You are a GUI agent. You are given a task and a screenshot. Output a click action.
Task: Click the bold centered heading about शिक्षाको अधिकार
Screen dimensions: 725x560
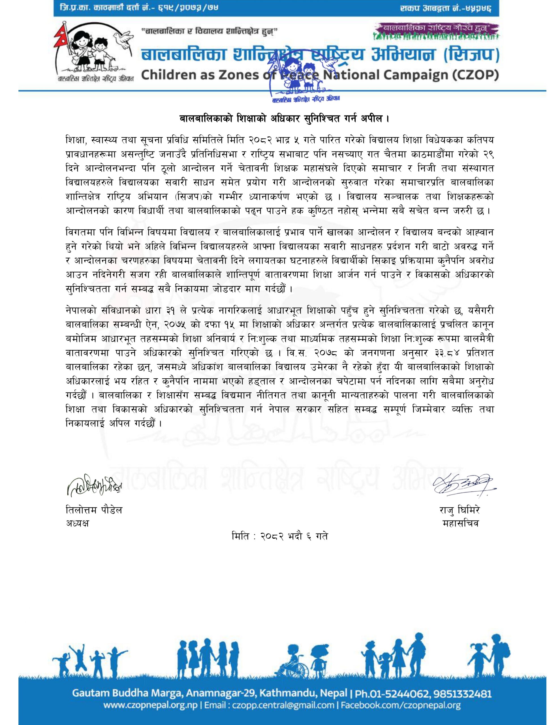point(280,118)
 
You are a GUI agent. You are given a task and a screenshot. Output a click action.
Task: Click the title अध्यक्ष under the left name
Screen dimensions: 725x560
point(77,523)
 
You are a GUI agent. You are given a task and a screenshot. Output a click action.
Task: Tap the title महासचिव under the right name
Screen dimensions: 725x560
point(461,523)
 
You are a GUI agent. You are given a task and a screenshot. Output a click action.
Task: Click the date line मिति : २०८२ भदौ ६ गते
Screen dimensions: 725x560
point(280,536)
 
